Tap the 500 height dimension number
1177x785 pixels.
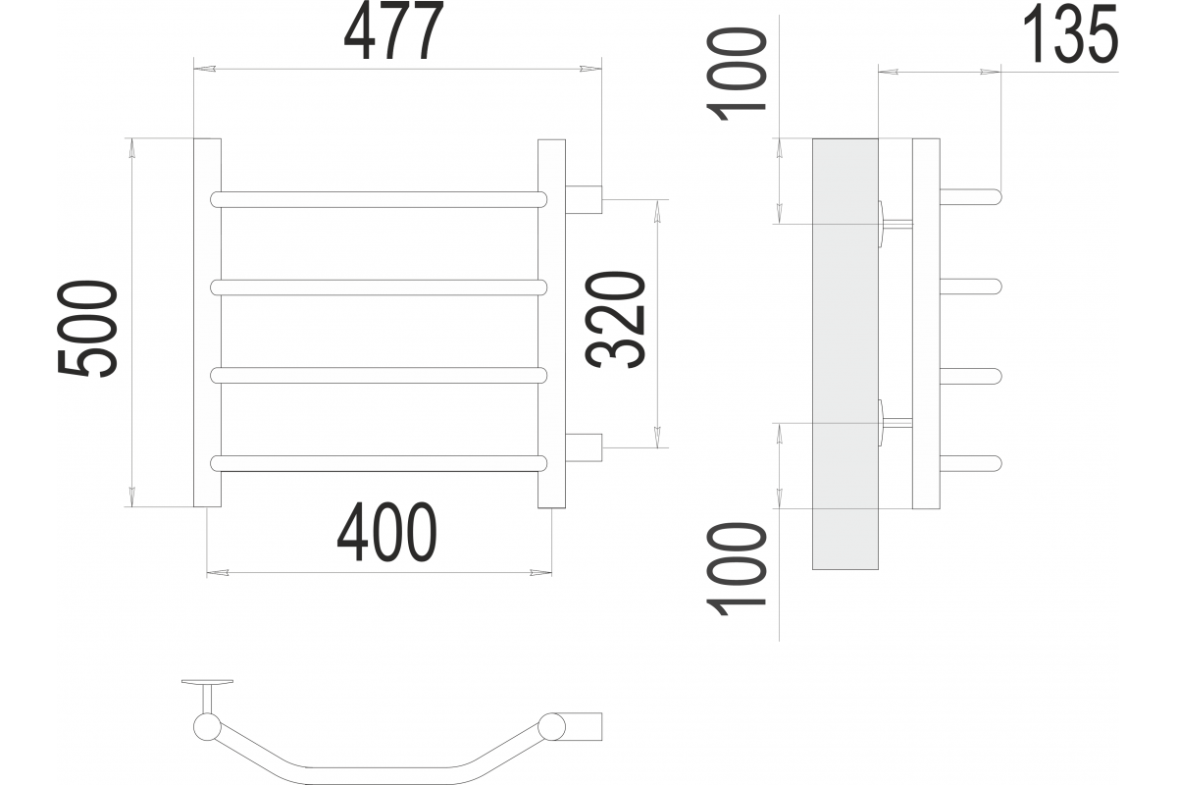(87, 329)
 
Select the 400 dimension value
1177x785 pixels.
(386, 532)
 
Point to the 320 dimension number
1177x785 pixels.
(615, 320)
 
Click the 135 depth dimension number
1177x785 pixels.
(1070, 35)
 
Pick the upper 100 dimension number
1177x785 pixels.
(736, 75)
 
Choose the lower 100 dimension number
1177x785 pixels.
(736, 568)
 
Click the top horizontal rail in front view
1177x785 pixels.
(379, 200)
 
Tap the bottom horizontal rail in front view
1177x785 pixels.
(379, 463)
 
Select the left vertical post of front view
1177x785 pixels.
(208, 323)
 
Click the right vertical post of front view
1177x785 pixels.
(551, 324)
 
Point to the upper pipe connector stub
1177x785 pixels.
(584, 199)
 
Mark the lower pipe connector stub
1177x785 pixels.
(584, 447)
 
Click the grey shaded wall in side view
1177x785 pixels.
(844, 354)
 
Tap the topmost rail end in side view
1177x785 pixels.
(970, 196)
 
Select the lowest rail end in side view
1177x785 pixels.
(970, 463)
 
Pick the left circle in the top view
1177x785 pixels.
(207, 727)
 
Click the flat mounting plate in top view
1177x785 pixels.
(207, 682)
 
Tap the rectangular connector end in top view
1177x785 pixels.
(584, 726)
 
